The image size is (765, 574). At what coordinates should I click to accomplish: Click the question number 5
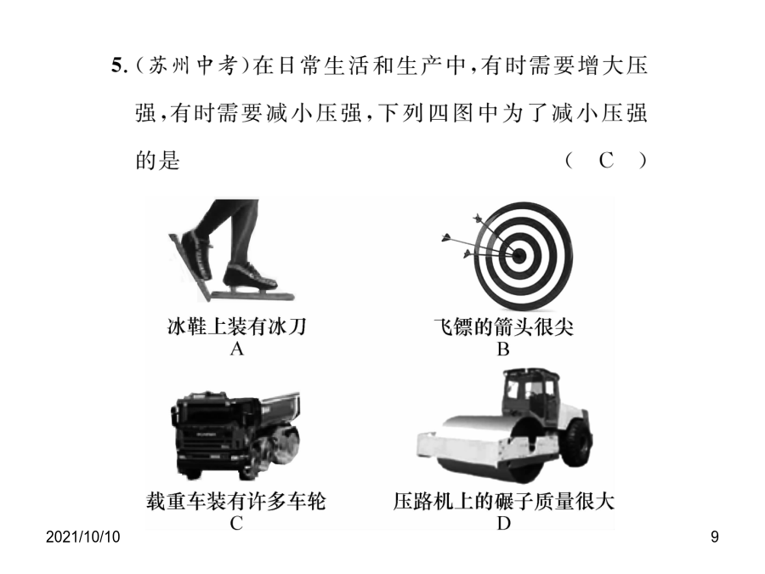[117, 65]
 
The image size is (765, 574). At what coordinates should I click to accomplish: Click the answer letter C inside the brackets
[606, 160]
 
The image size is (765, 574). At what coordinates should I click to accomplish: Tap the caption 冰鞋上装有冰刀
[236, 326]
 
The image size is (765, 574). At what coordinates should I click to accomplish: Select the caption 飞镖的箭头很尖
[503, 327]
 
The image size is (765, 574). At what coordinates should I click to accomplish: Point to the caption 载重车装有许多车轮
[236, 501]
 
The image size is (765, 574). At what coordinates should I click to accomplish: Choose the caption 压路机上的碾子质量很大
[503, 501]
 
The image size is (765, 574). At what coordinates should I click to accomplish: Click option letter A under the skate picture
[236, 349]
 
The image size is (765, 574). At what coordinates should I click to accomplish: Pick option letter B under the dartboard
[503, 349]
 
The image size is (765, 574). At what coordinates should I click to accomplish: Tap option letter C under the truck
[236, 523]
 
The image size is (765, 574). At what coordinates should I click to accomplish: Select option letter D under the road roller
[503, 523]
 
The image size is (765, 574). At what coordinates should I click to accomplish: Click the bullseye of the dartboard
[519, 255]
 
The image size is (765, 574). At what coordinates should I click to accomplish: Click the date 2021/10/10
[83, 537]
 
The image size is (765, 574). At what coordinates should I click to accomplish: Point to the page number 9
[715, 537]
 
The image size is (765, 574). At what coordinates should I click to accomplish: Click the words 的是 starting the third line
[157, 160]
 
